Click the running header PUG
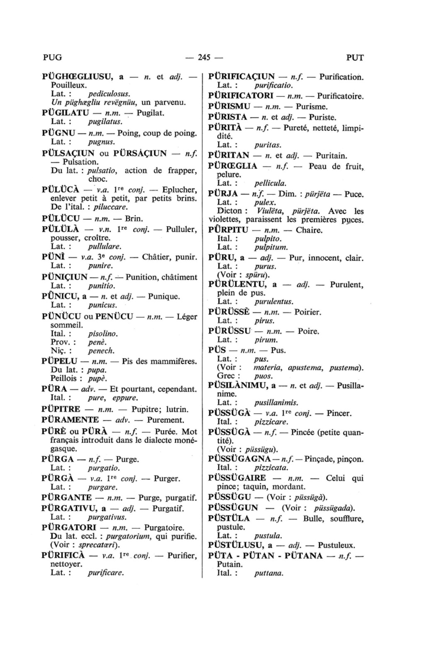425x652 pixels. click(x=52, y=58)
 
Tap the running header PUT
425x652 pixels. click(x=354, y=58)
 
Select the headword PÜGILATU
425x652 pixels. click(x=66, y=113)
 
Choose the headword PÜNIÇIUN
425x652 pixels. click(x=65, y=277)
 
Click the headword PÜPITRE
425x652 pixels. click(x=61, y=409)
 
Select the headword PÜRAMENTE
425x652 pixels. click(x=71, y=420)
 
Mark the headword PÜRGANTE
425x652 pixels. click(x=67, y=498)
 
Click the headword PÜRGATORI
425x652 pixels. click(x=68, y=528)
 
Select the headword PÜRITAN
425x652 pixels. click(x=229, y=156)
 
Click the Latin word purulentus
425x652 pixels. click(x=274, y=301)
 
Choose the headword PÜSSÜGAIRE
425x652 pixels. click(x=237, y=478)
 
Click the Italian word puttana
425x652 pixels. click(x=269, y=574)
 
